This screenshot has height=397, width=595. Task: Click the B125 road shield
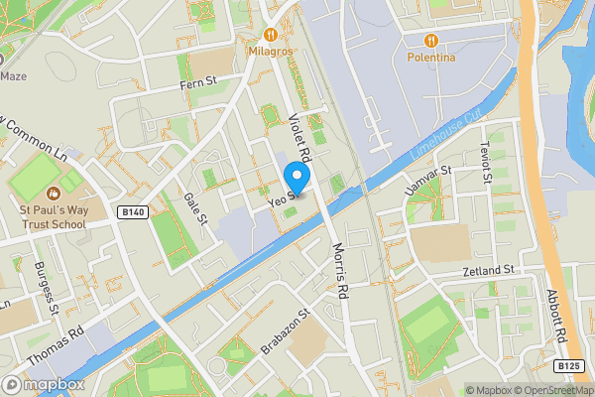click(x=567, y=366)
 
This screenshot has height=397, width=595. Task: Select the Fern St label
click(x=196, y=86)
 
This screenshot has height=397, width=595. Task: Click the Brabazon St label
click(x=286, y=331)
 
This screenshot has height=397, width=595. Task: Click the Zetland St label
click(x=488, y=270)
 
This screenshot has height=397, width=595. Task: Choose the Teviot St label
click(x=485, y=161)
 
